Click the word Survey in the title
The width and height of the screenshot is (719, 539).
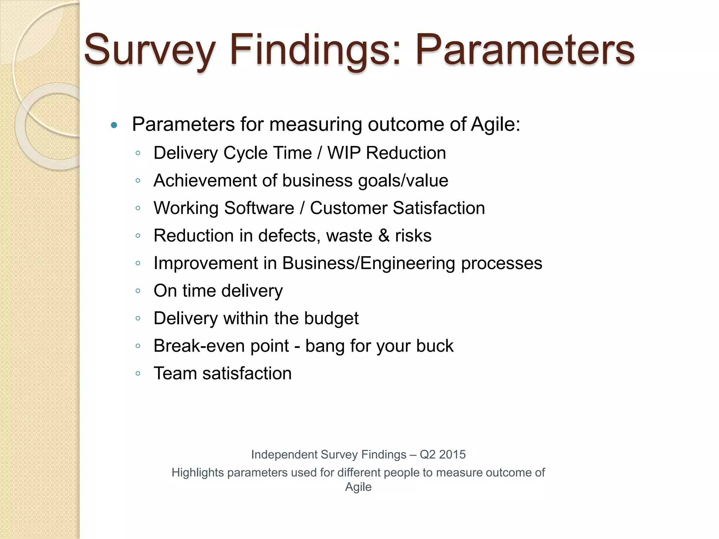[x=149, y=50]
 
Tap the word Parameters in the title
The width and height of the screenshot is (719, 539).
[x=525, y=50]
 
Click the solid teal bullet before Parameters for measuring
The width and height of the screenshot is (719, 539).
[x=114, y=125]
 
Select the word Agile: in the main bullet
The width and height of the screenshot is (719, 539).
[x=495, y=124]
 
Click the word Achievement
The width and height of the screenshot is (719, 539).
[x=205, y=181]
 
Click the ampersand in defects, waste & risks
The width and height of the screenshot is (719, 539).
[x=384, y=236]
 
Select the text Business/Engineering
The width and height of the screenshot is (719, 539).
[x=369, y=263]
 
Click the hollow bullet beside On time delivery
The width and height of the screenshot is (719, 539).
[x=138, y=291]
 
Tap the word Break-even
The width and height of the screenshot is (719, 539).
[x=199, y=346]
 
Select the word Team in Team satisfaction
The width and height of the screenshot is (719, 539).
[x=174, y=373]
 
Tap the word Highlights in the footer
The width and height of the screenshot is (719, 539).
[x=198, y=473]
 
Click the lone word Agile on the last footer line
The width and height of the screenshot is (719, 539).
[x=358, y=487]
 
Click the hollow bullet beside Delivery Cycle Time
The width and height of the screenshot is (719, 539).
[x=138, y=153]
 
